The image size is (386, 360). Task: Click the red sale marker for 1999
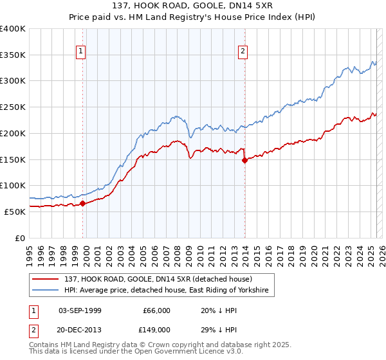82,204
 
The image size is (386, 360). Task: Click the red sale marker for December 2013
244,161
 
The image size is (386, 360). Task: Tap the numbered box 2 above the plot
243,51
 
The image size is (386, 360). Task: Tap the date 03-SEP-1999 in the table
80,310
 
